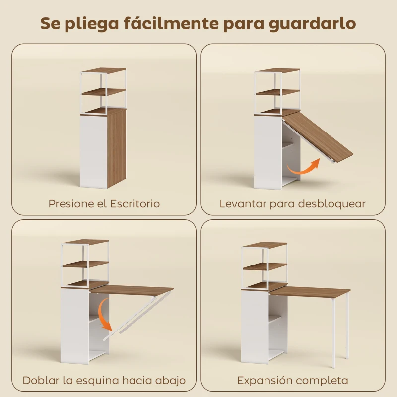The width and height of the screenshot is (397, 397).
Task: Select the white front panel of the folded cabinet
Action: click(93, 151)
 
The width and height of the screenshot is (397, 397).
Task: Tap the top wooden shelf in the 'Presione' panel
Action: click(103, 70)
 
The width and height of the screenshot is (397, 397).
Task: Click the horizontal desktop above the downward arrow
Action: click(132, 289)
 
